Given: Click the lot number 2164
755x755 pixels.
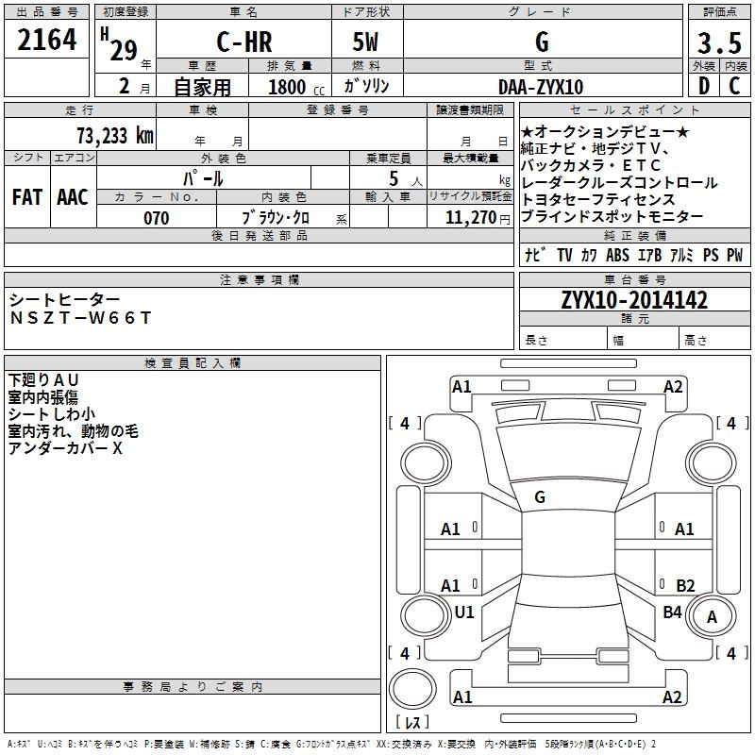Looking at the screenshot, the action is click(47, 42).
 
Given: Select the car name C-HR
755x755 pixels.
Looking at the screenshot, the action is click(245, 42).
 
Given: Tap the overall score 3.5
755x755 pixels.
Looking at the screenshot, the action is click(717, 42).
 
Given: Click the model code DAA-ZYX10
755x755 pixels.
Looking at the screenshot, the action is click(541, 87).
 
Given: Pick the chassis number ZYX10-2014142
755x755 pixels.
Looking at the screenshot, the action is click(634, 300).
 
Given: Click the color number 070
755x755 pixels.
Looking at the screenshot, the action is click(157, 218).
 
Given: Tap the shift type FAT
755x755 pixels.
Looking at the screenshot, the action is click(27, 197).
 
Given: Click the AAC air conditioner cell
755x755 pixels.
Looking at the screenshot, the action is click(73, 197).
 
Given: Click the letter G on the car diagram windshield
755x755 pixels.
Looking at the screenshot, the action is click(540, 496).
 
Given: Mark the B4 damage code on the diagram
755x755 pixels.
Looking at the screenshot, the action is click(672, 612).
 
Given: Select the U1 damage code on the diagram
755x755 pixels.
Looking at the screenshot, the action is click(464, 612).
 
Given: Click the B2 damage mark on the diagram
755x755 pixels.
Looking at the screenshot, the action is click(685, 586).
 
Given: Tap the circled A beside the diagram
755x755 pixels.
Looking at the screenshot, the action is click(713, 617).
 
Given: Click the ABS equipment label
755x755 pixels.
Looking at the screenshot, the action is click(618, 255).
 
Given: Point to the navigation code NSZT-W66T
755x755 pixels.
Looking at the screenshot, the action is click(80, 318).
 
